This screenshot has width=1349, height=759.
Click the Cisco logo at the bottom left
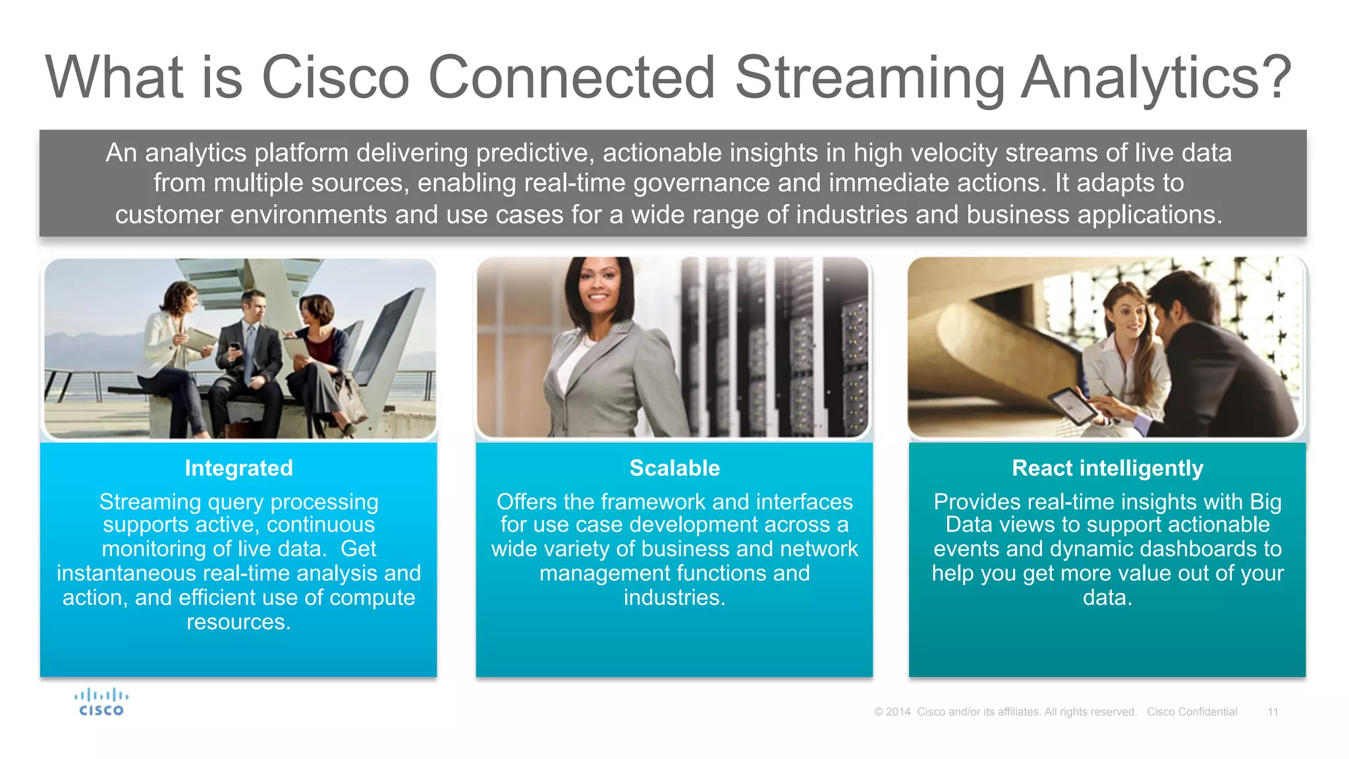point(101,702)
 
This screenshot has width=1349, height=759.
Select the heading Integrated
point(238,468)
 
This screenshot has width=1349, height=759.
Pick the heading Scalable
point(674,468)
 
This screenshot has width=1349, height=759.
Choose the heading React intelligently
point(1107,468)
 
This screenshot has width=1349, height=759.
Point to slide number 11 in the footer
point(1273,712)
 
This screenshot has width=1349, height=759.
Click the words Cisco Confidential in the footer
point(1192,712)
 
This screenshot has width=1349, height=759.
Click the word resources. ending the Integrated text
point(238,622)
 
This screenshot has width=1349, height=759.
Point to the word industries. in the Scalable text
point(674,598)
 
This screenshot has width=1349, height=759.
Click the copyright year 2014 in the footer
point(898,712)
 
